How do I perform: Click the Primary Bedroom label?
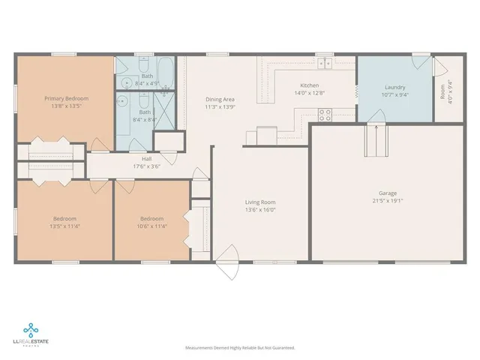66,98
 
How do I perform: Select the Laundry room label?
394,87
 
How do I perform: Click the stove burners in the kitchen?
325,115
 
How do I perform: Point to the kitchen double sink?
324,63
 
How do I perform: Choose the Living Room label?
260,202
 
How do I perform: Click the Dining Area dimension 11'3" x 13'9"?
220,107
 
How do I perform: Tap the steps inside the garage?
373,139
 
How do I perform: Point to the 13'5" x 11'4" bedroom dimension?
64,226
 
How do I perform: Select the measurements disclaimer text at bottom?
240,347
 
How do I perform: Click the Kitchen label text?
310,85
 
